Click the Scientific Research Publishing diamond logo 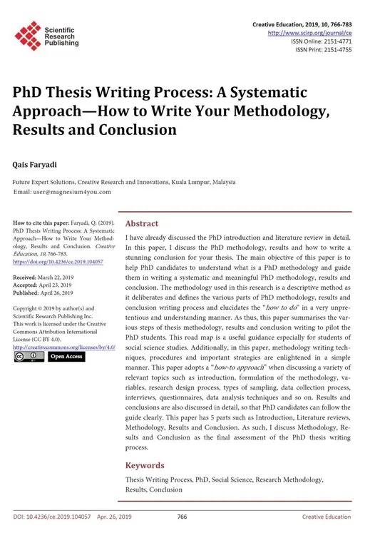tap(29, 35)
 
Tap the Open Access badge tap(66, 357)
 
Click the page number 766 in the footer tap(182, 516)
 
